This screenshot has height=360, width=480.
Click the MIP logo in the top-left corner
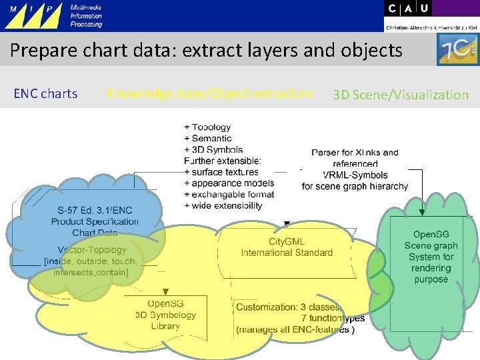pos(33,16)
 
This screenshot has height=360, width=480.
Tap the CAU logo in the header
pos(408,9)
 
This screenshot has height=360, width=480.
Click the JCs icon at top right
pos(457,50)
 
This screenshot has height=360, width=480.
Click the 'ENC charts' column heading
pos(45,94)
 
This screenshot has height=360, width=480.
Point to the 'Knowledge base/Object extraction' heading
pos(209,94)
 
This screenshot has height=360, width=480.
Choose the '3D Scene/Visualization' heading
pos(401,95)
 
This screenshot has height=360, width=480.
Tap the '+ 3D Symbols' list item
pos(213,150)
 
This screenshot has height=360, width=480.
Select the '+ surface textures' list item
pos(221,172)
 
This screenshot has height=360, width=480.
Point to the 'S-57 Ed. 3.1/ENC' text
pos(95,210)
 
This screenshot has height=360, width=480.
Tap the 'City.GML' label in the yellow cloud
pos(287,241)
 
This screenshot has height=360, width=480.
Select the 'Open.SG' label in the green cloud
pos(431,235)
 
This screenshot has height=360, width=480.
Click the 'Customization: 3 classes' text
pos(288,307)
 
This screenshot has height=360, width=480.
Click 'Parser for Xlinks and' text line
pos(355,153)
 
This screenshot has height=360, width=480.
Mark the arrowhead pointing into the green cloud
pos(421,213)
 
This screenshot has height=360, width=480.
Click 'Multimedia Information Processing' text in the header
pos(87,16)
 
